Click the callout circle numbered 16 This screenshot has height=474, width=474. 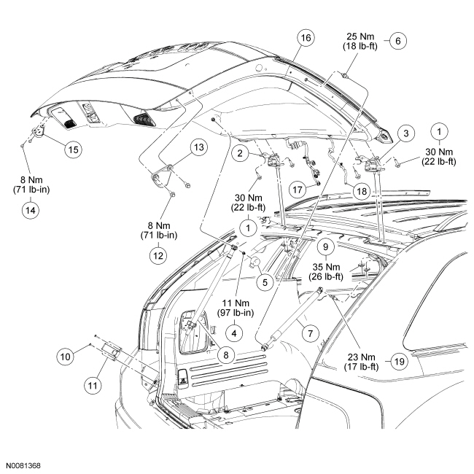tap(305, 36)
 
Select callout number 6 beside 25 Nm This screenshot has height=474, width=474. tap(397, 41)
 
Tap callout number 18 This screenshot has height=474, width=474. tap(362, 190)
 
